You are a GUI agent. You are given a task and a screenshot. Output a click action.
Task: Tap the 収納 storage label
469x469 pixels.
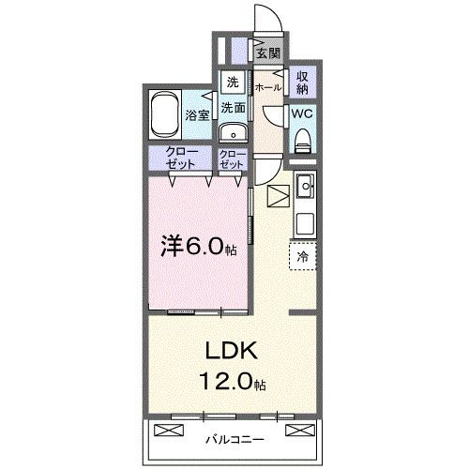pos(303,83)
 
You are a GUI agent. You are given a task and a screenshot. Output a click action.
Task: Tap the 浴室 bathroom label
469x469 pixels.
pos(197,115)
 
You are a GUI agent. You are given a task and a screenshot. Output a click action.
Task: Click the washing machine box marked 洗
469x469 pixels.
pos(233,81)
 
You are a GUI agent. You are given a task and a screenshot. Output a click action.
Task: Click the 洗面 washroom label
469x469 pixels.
pos(233,108)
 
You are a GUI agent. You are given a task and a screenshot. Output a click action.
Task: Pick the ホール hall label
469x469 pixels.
pos(267,87)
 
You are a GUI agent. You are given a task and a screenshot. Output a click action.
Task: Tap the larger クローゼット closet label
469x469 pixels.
pos(182,158)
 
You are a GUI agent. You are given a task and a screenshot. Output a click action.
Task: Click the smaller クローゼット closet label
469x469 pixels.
pos(233,158)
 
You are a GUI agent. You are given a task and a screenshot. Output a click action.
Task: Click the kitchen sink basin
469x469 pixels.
pos(306,190)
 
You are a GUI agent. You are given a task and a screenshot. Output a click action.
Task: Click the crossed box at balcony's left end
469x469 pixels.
pos(165,431)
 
